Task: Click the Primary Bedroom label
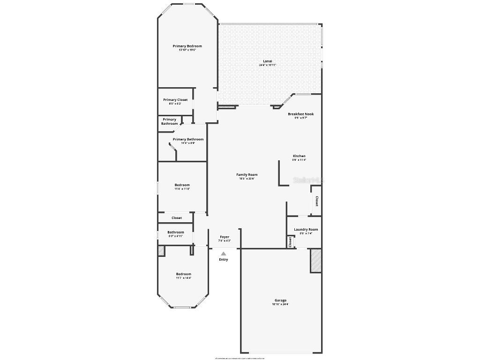point(187,46)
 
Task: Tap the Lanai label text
point(268,61)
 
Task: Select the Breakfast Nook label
point(300,114)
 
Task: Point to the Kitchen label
point(299,156)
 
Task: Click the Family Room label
point(247,175)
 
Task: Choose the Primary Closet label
point(175,100)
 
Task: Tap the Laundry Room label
point(306,230)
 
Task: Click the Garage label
point(280,300)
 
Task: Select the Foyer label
point(225,237)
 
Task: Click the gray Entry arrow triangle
point(224,254)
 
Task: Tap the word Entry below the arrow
point(224,260)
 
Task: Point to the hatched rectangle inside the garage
point(315,261)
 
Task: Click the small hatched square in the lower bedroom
point(161,251)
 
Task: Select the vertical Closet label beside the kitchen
point(317,201)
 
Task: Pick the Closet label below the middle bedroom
point(176,218)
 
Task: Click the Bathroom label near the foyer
point(176,232)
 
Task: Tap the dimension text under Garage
point(280,305)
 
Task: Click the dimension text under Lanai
point(268,65)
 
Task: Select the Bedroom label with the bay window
point(183,274)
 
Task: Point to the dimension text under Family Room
point(247,179)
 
